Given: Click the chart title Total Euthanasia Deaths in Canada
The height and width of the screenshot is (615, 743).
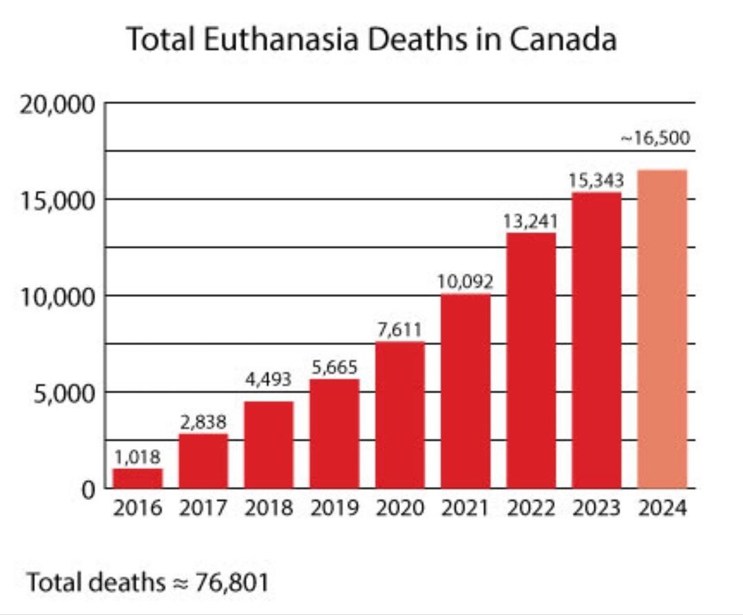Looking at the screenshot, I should [x=371, y=40].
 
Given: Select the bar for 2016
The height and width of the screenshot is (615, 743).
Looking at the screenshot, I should [x=138, y=478].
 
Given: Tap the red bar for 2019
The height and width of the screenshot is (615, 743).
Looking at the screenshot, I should [x=334, y=433].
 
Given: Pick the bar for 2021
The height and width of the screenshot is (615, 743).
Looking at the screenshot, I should [x=465, y=390].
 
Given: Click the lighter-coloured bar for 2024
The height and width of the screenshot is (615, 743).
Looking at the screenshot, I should [x=662, y=329].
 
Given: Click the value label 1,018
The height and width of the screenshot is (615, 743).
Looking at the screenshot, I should [x=138, y=457].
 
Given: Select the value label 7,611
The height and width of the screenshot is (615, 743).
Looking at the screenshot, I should [x=399, y=329].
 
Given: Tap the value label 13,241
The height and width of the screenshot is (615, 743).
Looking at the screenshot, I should [x=531, y=221].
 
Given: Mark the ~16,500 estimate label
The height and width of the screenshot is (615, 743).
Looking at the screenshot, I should [x=655, y=139].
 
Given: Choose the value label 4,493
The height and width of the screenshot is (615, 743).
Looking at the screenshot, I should [x=269, y=379].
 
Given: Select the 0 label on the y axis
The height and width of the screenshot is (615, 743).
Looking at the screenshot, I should [x=87, y=490].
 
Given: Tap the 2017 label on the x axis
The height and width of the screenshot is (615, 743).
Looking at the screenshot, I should [x=203, y=509].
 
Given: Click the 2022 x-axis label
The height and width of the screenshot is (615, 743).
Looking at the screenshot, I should [x=531, y=509].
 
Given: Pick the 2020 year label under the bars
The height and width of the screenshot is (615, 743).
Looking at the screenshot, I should [x=399, y=509].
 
